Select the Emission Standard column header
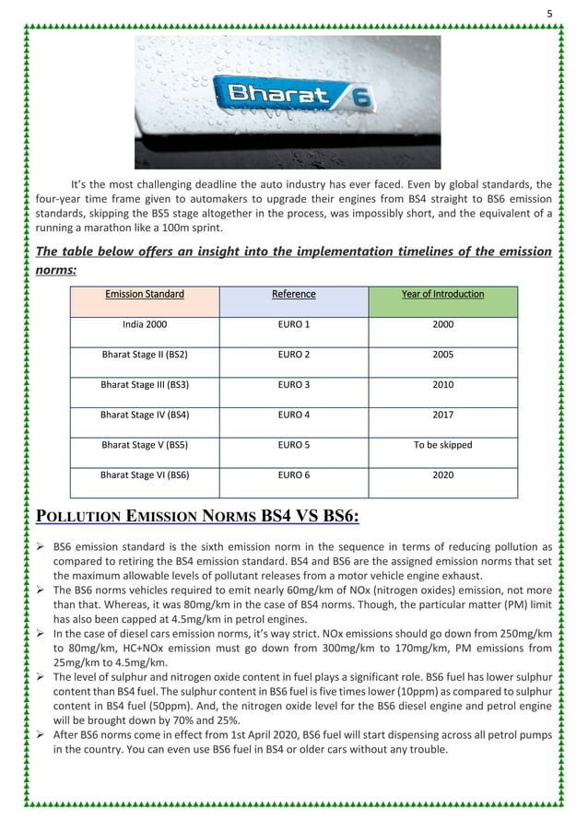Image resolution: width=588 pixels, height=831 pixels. click(x=145, y=295)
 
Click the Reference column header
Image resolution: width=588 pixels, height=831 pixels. click(x=294, y=295)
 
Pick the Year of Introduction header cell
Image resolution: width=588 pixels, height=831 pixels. click(x=442, y=295)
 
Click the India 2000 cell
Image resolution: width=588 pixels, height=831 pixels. click(x=145, y=324)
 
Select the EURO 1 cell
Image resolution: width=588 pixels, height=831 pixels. click(x=294, y=324)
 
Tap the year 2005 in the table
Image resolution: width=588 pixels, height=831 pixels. click(x=442, y=355)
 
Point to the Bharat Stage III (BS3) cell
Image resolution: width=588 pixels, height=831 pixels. click(x=145, y=385)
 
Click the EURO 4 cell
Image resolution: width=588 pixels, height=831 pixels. click(x=294, y=415)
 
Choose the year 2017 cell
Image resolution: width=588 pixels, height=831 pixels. click(x=442, y=415)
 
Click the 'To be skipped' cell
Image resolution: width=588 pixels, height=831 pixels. click(x=442, y=445)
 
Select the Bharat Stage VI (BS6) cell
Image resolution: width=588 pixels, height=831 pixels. click(x=145, y=475)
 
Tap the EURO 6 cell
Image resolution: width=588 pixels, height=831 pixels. click(x=294, y=475)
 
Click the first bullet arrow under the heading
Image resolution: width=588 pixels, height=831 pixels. click(x=41, y=546)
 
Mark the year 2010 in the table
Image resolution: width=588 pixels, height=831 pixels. click(x=442, y=385)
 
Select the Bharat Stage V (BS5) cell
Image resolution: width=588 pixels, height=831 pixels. click(x=145, y=445)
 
